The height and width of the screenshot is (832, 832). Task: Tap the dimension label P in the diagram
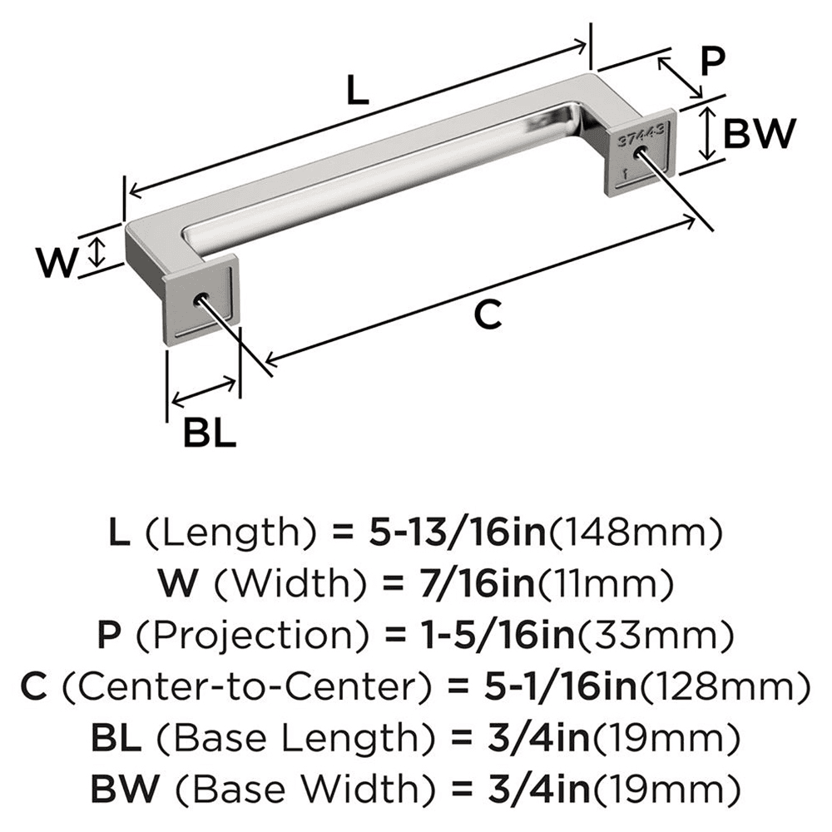pos(712,62)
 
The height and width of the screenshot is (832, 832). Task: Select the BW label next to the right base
pos(760,132)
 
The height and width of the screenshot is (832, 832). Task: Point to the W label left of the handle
pos(58,263)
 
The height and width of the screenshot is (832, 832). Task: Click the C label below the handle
pos(488,315)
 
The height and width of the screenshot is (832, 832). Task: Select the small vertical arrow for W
pos(99,252)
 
